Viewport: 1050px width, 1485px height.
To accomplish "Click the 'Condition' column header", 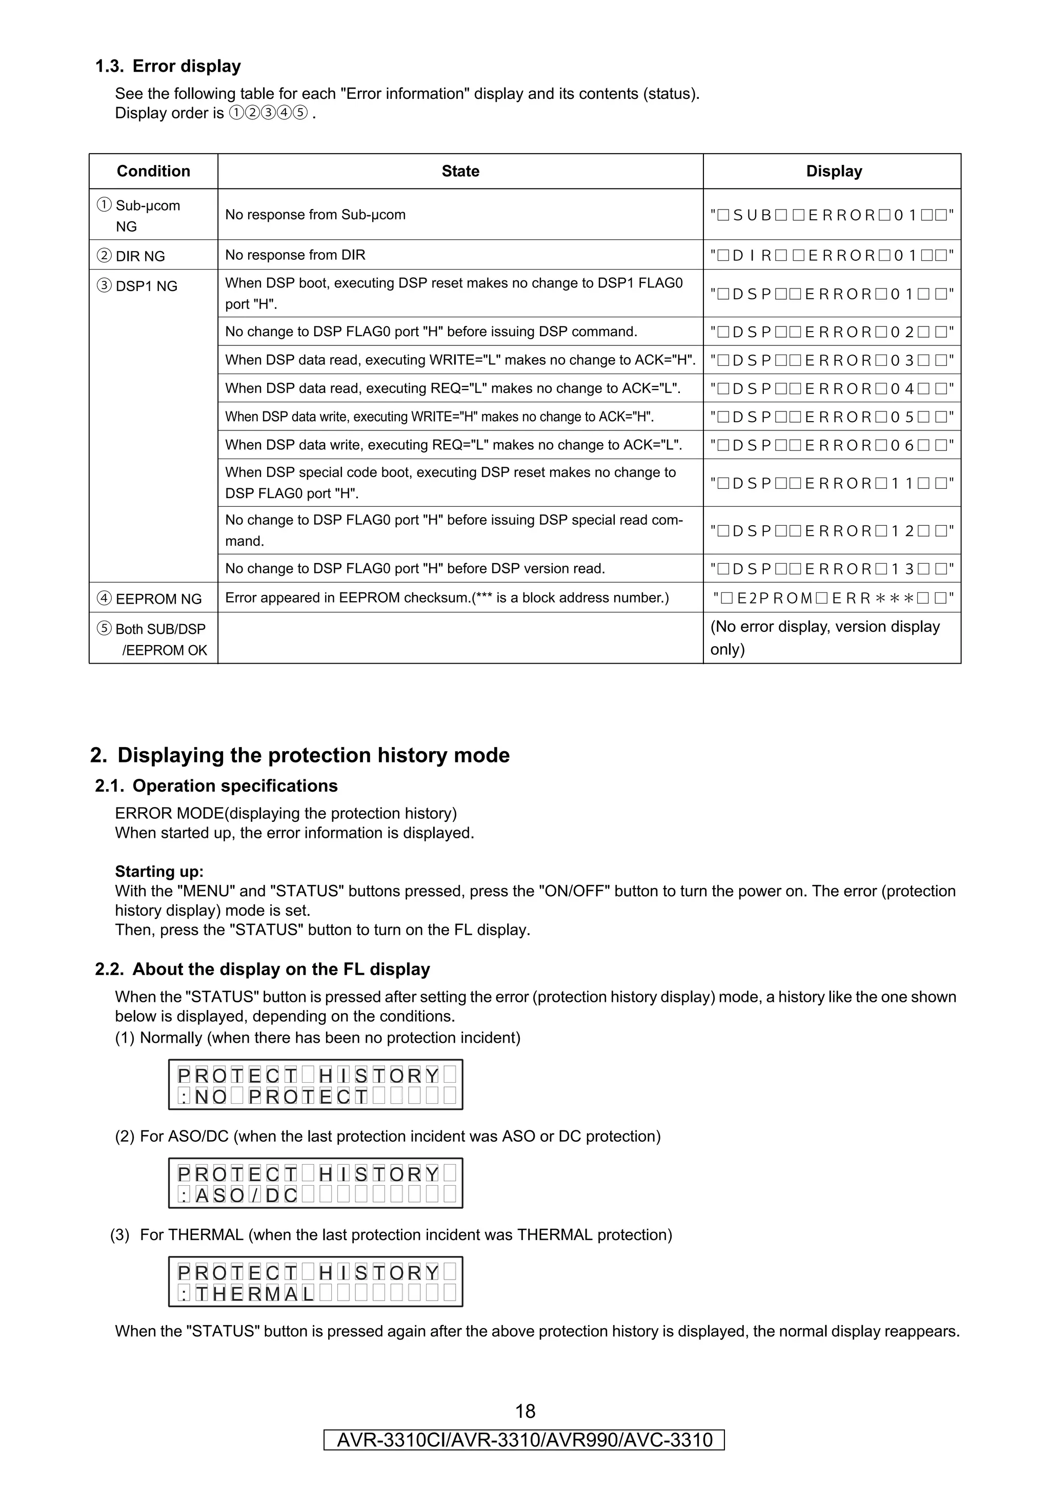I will pyautogui.click(x=153, y=171).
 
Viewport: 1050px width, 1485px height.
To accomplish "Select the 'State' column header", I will pyautogui.click(x=460, y=171).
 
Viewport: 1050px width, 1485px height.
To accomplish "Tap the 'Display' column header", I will pyautogui.click(x=833, y=171).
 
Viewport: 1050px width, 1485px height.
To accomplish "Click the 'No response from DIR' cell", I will pyautogui.click(x=295, y=255).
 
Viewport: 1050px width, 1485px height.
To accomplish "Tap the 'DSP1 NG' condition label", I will pyautogui.click(x=138, y=286).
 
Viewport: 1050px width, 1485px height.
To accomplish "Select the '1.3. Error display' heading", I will pyautogui.click(x=168, y=67).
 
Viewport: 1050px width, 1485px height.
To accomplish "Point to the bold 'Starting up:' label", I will pyautogui.click(x=159, y=871).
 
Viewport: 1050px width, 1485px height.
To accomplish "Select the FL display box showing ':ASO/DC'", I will pyautogui.click(x=316, y=1183).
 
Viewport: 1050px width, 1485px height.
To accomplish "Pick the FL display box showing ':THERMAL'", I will pyautogui.click(x=316, y=1282).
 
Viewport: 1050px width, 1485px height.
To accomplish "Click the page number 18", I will pyautogui.click(x=524, y=1411).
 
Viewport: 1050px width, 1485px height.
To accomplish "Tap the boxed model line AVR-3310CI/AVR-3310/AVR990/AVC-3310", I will pyautogui.click(x=524, y=1440).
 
